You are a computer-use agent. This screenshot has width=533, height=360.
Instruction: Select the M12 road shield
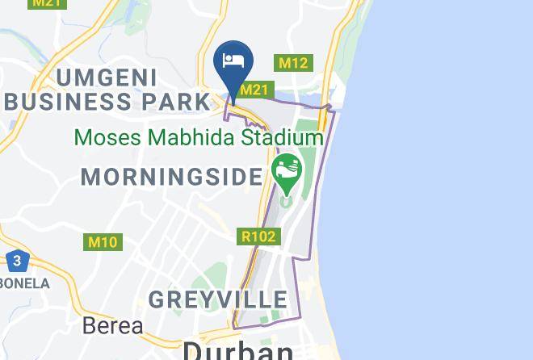coord(293,63)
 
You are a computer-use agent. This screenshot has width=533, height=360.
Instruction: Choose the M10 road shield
coord(103,241)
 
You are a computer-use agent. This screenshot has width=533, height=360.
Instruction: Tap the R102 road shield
coord(259,237)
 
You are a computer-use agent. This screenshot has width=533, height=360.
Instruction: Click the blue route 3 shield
coord(16,261)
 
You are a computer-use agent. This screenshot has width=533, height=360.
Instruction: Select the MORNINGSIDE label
coord(172,176)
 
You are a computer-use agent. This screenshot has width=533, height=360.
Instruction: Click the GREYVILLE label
coord(206,299)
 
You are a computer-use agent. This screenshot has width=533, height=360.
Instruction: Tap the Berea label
coord(113,326)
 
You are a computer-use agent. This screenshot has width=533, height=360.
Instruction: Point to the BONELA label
coord(23,283)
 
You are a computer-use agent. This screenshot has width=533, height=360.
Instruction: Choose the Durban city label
coord(238,350)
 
